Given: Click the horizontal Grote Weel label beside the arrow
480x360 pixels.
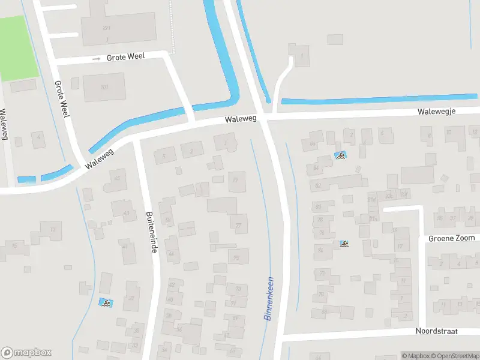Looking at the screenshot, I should tap(127, 58).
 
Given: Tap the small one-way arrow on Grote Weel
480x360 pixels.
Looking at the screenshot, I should tap(97, 59).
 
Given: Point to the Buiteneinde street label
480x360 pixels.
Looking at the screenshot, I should tap(151, 231).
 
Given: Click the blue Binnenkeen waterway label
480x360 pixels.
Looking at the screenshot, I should tap(269, 298).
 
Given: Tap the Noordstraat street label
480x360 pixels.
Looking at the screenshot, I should tap(437, 331).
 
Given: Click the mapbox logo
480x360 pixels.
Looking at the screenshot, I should tap(26, 352).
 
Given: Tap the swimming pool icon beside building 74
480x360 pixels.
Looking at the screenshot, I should tap(344, 244).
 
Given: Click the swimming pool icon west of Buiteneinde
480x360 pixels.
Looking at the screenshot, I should tap(106, 304).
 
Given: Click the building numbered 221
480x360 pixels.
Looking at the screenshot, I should tap(107, 28).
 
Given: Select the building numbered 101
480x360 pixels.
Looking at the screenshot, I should tap(104, 87).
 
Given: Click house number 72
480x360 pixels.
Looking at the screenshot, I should tap(322, 273).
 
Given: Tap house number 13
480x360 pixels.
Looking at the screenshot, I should tap(53, 229).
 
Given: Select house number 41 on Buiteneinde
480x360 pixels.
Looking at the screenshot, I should tap(125, 247).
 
